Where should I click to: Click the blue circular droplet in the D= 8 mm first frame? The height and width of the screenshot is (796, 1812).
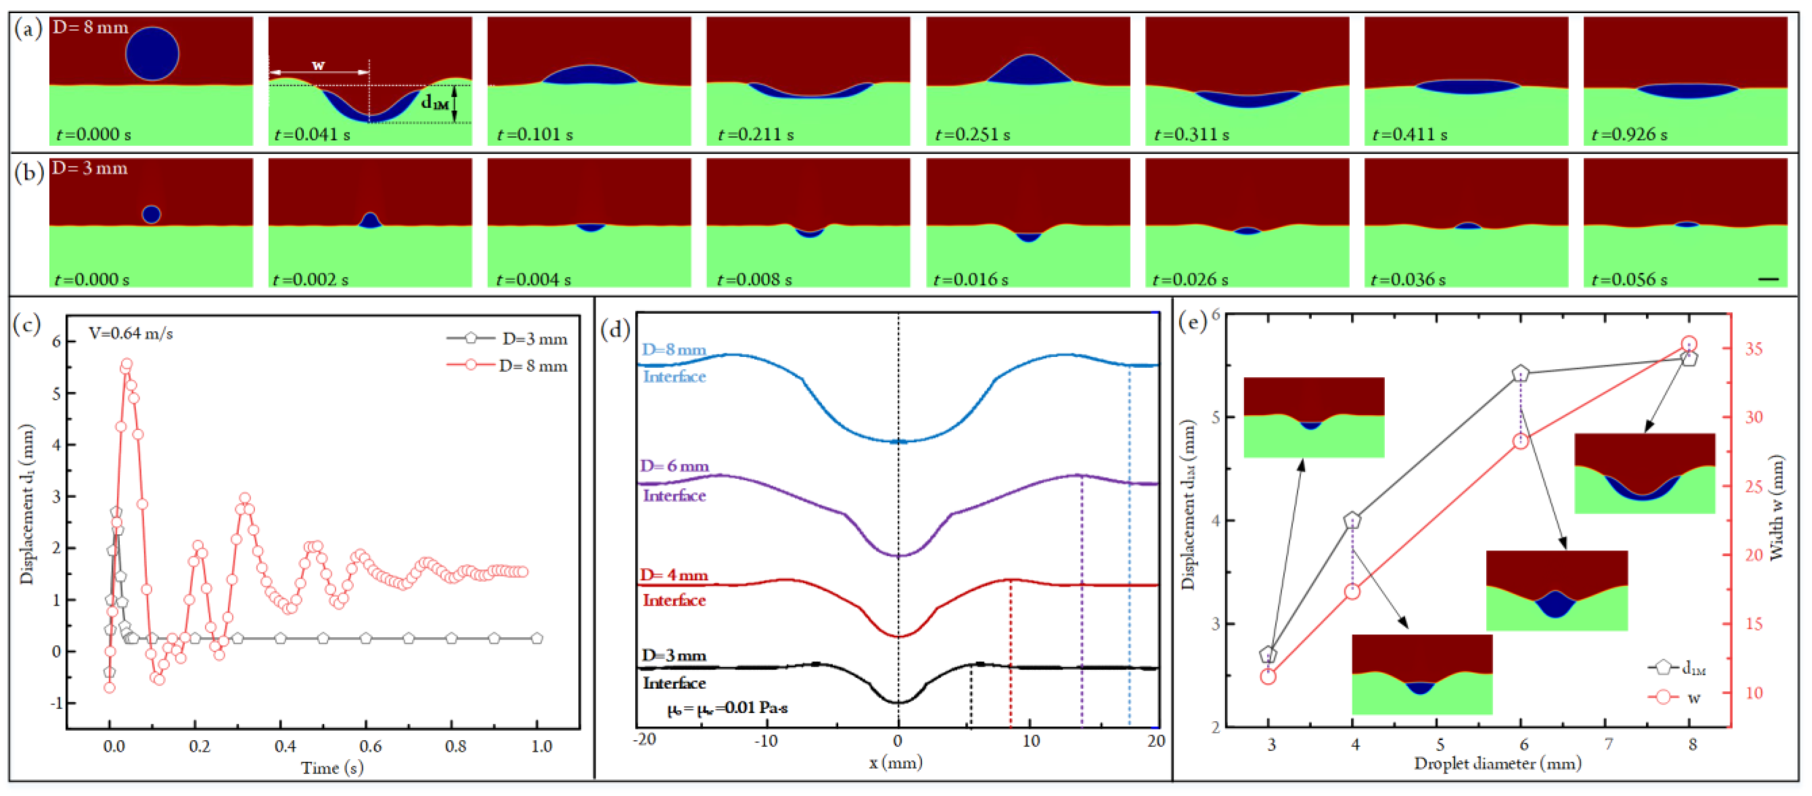(x=153, y=54)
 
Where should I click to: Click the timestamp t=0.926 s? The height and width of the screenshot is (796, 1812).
(x=1629, y=134)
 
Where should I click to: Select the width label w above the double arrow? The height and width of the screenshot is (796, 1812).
(x=319, y=65)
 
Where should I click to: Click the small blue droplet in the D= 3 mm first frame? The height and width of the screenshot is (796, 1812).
(x=151, y=214)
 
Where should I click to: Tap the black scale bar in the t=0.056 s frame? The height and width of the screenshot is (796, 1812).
(x=1768, y=279)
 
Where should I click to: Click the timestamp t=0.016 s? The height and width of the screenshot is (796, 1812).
(x=971, y=279)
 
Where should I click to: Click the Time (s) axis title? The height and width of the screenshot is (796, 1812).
(x=332, y=768)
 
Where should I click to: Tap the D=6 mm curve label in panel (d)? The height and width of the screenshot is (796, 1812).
(x=674, y=466)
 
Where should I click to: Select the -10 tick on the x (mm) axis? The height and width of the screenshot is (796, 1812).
(x=765, y=741)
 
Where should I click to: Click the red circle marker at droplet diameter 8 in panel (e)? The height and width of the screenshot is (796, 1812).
(x=1689, y=345)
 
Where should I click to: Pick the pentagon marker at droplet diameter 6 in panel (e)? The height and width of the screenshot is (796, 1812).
(x=1521, y=373)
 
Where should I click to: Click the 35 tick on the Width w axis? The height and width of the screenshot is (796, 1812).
(x=1754, y=349)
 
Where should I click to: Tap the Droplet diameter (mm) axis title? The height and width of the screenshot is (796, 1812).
(x=1497, y=764)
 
